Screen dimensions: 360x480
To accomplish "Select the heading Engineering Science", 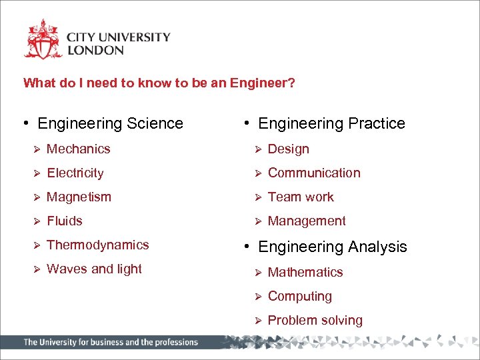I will [x=110, y=123].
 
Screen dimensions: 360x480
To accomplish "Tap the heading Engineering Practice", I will [x=331, y=123].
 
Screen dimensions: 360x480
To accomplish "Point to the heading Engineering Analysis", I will [x=332, y=247].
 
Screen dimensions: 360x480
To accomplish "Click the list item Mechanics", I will [x=79, y=149].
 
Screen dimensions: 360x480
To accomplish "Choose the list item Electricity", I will [x=75, y=173].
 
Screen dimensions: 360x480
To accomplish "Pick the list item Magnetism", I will [x=79, y=197].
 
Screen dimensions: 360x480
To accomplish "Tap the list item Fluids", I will [x=65, y=221].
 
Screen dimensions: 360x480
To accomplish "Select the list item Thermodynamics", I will [x=98, y=245].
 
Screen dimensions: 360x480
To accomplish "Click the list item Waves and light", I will [x=94, y=269].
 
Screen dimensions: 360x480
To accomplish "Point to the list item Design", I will [x=289, y=149].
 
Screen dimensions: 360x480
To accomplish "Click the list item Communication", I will [x=314, y=173].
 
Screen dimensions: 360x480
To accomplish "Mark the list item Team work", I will [x=301, y=197].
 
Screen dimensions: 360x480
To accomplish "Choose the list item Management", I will [x=307, y=221].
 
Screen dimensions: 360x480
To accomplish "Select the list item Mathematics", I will [x=305, y=272].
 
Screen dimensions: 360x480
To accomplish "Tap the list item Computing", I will [x=300, y=296].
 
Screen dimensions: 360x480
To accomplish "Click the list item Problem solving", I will [x=315, y=320].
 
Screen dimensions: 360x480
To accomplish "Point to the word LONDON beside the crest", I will [x=95, y=50].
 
